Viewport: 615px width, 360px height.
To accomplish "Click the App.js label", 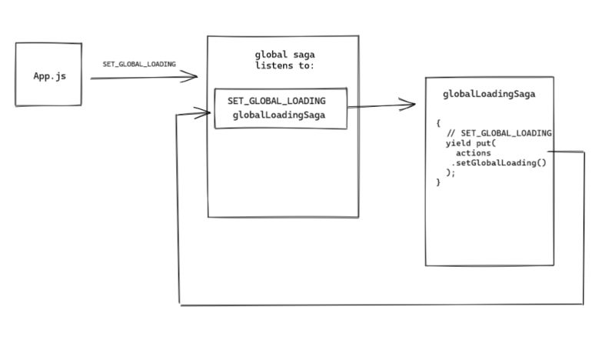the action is tap(48, 76).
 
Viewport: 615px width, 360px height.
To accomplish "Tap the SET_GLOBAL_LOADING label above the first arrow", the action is tap(139, 64).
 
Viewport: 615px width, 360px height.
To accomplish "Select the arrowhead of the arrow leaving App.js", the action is tap(193, 76).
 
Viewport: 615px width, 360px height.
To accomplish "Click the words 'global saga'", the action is tap(284, 55).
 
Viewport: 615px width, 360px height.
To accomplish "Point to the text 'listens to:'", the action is tap(284, 65).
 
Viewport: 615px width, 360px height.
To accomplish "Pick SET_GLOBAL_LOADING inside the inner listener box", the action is tap(276, 101).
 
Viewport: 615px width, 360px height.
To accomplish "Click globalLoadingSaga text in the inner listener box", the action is tap(278, 115).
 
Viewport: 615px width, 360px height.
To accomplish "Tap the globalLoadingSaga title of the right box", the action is tap(489, 95).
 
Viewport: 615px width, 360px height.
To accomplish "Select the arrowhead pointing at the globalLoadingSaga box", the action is tap(411, 105).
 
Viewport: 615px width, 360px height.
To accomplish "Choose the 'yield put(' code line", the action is tap(471, 143).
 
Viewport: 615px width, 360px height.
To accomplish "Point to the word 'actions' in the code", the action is tap(473, 153).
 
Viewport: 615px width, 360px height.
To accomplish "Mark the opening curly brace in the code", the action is tap(438, 123).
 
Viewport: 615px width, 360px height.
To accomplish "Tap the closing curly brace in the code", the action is tap(438, 182).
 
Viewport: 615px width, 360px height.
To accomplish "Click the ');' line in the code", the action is tap(450, 172).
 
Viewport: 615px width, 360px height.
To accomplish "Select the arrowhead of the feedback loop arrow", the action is tap(205, 114).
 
